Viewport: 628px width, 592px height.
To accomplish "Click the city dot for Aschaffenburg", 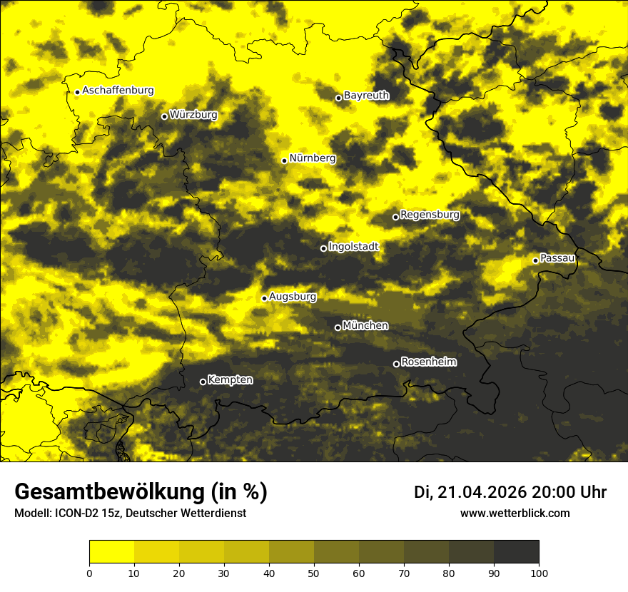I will point(77,92).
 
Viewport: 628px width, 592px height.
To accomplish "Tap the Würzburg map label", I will point(193,115).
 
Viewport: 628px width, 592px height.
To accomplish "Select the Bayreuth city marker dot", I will point(339,98).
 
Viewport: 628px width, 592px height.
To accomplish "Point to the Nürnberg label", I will point(313,158).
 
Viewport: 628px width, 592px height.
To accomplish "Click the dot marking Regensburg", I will point(395,217).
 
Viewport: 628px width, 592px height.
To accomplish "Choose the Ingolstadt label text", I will point(353,247).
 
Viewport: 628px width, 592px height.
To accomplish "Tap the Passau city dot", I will point(535,260).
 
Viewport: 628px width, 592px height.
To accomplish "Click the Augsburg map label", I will point(293,297).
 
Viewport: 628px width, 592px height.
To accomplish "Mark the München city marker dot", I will point(338,327).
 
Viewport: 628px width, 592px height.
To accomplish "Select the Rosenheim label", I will point(428,362).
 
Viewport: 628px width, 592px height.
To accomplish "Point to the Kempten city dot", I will point(203,382).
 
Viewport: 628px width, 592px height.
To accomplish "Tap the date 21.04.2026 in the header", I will point(482,492).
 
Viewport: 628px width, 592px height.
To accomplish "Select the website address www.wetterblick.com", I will point(515,513).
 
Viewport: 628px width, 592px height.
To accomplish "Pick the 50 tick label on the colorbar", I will point(314,573).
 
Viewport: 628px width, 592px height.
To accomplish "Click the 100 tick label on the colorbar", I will point(539,573).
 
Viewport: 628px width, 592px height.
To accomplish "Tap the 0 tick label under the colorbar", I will point(89,573).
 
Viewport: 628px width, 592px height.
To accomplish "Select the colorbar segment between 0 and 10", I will point(112,552).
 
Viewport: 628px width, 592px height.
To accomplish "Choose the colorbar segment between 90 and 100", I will point(516,552).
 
